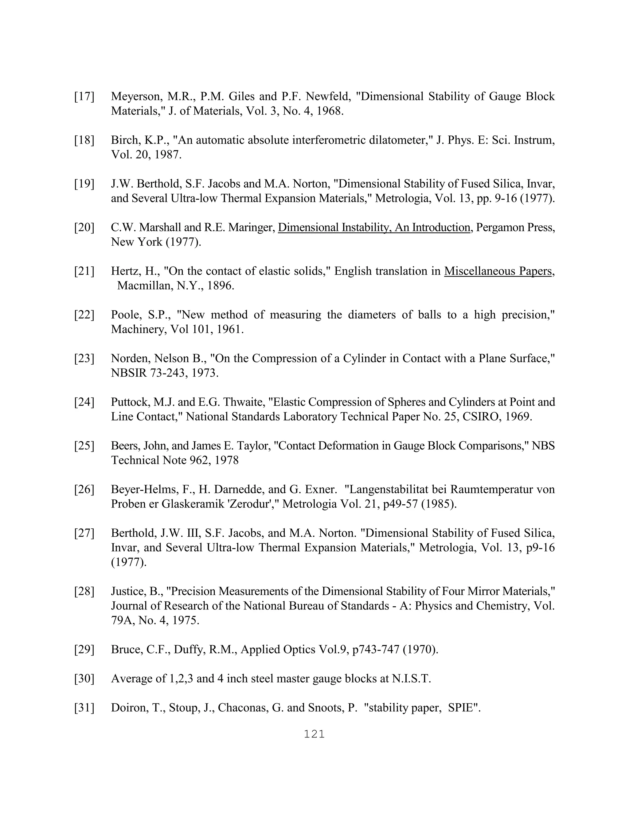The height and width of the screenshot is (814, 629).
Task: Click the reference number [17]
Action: pos(84,97)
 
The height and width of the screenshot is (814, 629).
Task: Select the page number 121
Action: pos(314,734)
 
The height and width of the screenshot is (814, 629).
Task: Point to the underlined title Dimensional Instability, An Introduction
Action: pos(374,228)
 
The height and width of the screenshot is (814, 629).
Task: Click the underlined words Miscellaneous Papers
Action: pos(498,271)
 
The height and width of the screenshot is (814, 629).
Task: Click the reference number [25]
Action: pos(84,446)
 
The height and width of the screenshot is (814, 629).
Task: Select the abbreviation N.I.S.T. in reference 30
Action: pos(411,679)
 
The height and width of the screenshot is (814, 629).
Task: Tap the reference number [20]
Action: pos(84,228)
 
